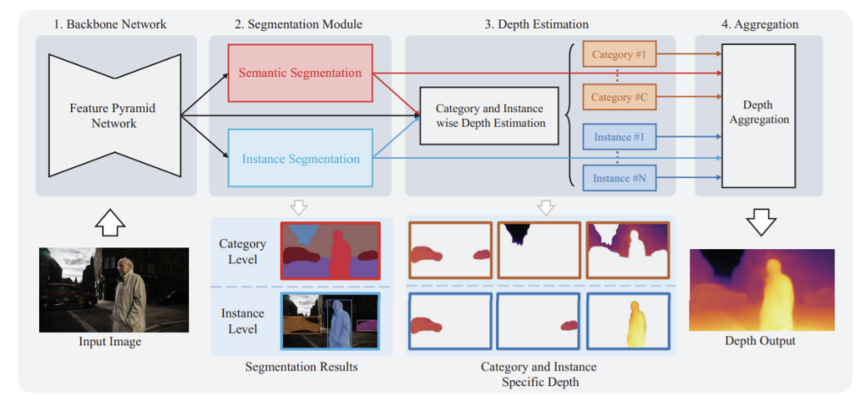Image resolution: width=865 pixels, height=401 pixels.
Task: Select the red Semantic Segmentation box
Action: click(300, 73)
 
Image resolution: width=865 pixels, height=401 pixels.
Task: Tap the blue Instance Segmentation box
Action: click(300, 158)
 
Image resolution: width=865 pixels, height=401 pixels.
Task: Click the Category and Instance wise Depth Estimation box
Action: click(488, 116)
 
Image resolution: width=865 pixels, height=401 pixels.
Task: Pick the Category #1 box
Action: click(619, 57)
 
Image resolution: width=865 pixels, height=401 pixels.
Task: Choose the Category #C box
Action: click(619, 97)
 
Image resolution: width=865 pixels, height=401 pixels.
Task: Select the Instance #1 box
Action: click(619, 137)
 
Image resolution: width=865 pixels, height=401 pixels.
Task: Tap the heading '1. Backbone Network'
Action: click(117, 24)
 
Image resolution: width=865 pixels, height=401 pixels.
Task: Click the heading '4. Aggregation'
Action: click(758, 24)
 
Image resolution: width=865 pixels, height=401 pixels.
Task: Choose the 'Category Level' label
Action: click(243, 252)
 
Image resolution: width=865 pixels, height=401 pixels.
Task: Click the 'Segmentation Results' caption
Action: click(300, 367)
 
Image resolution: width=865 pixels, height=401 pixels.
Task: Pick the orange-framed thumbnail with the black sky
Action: click(538, 250)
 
